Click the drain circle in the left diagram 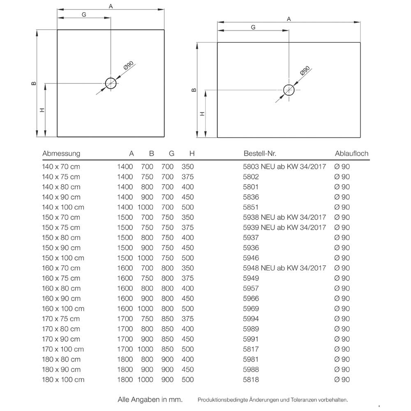click(x=111, y=83)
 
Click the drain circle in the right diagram click(x=289, y=90)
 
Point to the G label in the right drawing click(x=253, y=27)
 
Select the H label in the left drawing click(x=42, y=110)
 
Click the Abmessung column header click(x=61, y=154)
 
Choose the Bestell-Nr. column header click(x=260, y=154)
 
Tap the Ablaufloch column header click(x=352, y=154)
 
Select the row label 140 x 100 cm click(x=63, y=208)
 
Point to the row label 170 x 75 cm click(x=61, y=319)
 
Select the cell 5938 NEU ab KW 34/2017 click(x=284, y=217)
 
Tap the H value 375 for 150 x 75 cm click(x=187, y=228)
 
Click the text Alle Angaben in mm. click(x=150, y=399)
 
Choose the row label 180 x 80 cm click(x=61, y=360)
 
